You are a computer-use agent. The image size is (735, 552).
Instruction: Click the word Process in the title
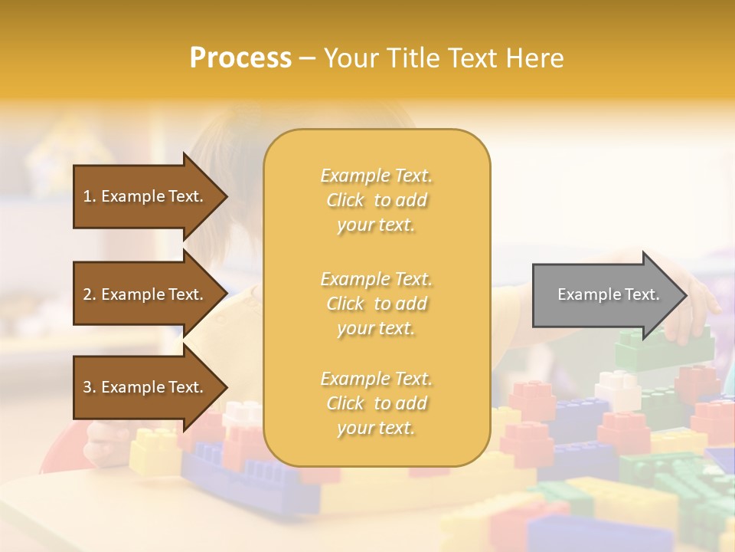(x=240, y=58)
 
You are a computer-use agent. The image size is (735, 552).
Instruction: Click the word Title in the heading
(x=407, y=58)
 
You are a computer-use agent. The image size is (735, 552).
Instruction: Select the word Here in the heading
(x=534, y=58)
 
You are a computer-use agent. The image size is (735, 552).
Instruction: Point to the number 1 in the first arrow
(x=87, y=196)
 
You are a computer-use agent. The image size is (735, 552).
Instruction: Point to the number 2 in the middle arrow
(x=87, y=294)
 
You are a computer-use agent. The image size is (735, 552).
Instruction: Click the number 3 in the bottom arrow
(x=87, y=387)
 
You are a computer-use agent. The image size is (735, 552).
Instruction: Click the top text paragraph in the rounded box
(x=376, y=200)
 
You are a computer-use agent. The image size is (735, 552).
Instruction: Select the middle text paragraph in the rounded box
(x=376, y=304)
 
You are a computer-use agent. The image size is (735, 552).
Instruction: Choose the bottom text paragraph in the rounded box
(x=376, y=403)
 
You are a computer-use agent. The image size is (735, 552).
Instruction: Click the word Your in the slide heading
(x=351, y=58)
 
